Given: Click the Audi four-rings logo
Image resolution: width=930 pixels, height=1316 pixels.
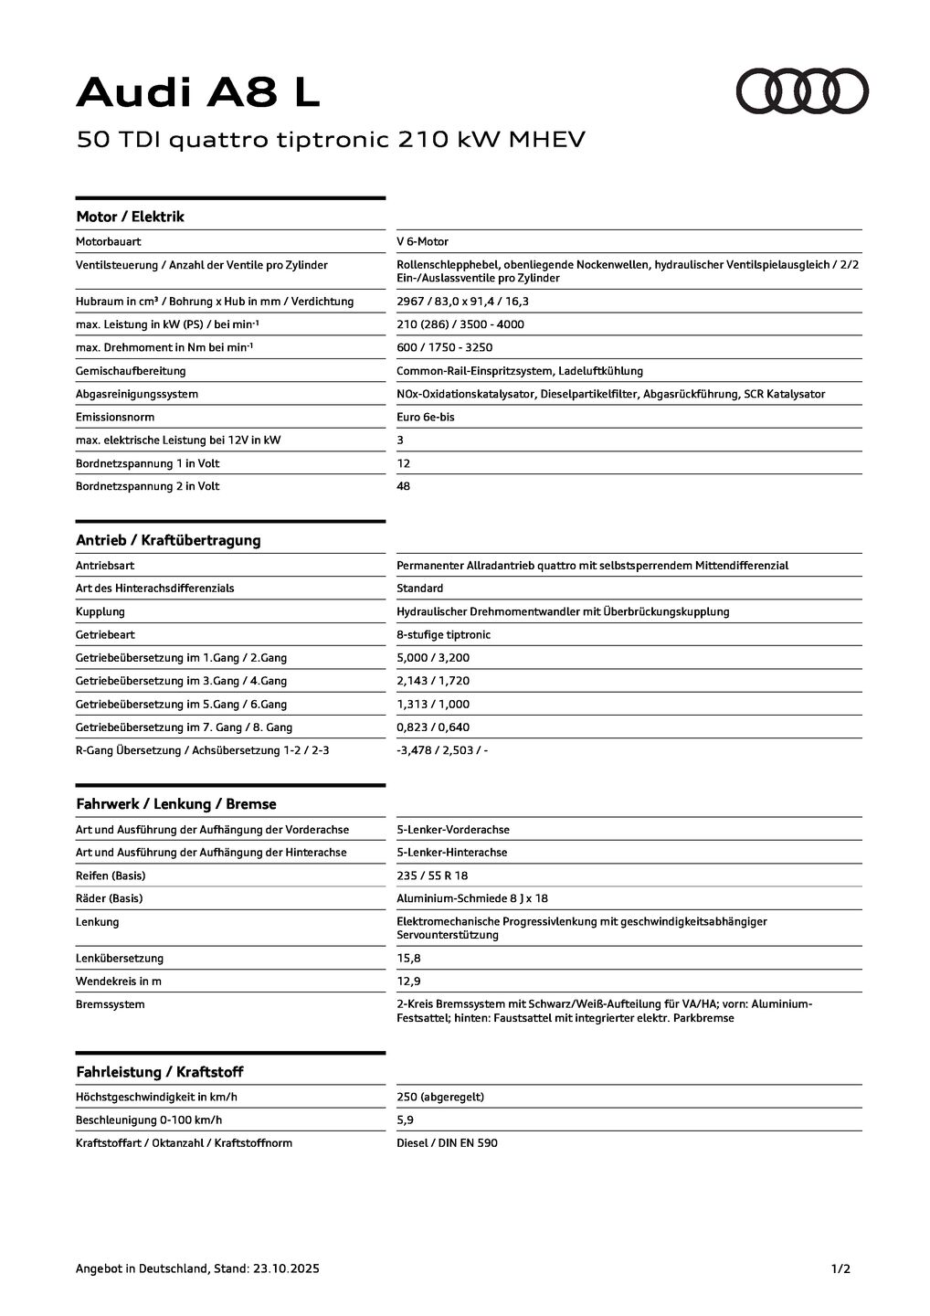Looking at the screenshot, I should tap(802, 91).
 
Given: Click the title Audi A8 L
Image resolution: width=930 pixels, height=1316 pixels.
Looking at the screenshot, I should tap(198, 92).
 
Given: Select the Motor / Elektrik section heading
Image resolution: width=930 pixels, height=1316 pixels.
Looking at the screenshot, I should tap(130, 217).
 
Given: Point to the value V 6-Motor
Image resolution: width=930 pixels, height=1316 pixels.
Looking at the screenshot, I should tap(422, 242).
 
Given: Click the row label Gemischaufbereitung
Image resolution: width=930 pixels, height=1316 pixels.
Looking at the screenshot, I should tap(131, 371).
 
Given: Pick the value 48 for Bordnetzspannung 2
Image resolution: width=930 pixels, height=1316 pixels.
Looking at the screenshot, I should tap(404, 486).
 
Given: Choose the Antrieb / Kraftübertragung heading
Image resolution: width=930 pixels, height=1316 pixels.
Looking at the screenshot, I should tap(168, 540).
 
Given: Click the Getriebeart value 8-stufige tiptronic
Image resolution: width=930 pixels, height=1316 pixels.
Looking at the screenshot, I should tap(443, 635).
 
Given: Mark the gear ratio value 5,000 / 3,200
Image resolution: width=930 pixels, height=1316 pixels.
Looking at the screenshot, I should tap(433, 658).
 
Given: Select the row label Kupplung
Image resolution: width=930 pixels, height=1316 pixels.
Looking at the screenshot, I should tap(100, 612).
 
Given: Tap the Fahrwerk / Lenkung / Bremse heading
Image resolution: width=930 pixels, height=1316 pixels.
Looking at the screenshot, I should tap(175, 804).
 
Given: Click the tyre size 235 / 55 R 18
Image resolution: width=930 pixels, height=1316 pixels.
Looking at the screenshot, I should tap(432, 876).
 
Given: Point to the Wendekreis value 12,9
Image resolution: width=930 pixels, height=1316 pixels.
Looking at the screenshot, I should tap(408, 982).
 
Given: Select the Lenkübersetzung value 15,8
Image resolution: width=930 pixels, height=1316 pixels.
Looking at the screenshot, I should tap(408, 959).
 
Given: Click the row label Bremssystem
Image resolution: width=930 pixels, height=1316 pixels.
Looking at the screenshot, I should tap(110, 1004).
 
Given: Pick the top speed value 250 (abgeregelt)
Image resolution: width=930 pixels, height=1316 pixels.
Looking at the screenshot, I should tap(440, 1098).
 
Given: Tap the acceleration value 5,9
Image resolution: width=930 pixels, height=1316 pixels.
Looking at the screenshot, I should tap(405, 1120).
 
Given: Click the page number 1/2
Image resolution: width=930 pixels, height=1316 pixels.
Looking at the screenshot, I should tap(840, 1268).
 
